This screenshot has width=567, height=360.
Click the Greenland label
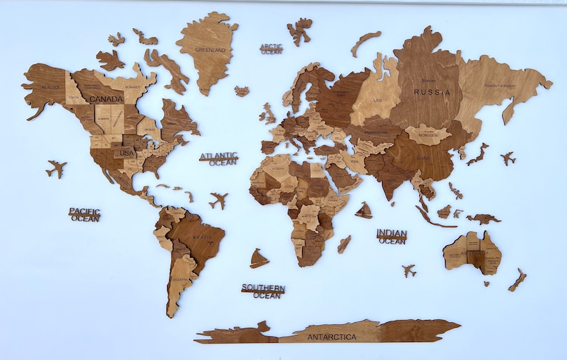(211, 50)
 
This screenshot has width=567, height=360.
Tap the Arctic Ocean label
(271, 49)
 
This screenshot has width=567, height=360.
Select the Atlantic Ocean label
(219, 159)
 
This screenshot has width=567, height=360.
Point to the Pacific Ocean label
(84, 214)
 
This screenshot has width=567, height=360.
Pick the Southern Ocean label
(263, 291)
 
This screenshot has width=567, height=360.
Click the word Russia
(433, 92)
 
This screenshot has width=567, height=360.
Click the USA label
(126, 153)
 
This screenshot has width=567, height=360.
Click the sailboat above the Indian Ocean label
(364, 210)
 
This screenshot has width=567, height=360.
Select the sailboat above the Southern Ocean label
(259, 258)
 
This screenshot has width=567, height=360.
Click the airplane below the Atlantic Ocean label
(219, 201)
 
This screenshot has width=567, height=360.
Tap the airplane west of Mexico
(56, 169)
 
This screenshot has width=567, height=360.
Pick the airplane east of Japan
(508, 158)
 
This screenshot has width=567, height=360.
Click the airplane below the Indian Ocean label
(408, 271)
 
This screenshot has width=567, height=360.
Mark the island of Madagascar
(344, 244)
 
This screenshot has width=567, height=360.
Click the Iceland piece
(242, 91)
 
